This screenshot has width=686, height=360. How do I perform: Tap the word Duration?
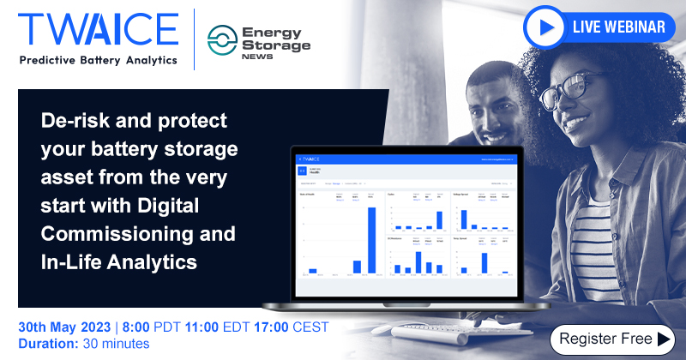[47, 345]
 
